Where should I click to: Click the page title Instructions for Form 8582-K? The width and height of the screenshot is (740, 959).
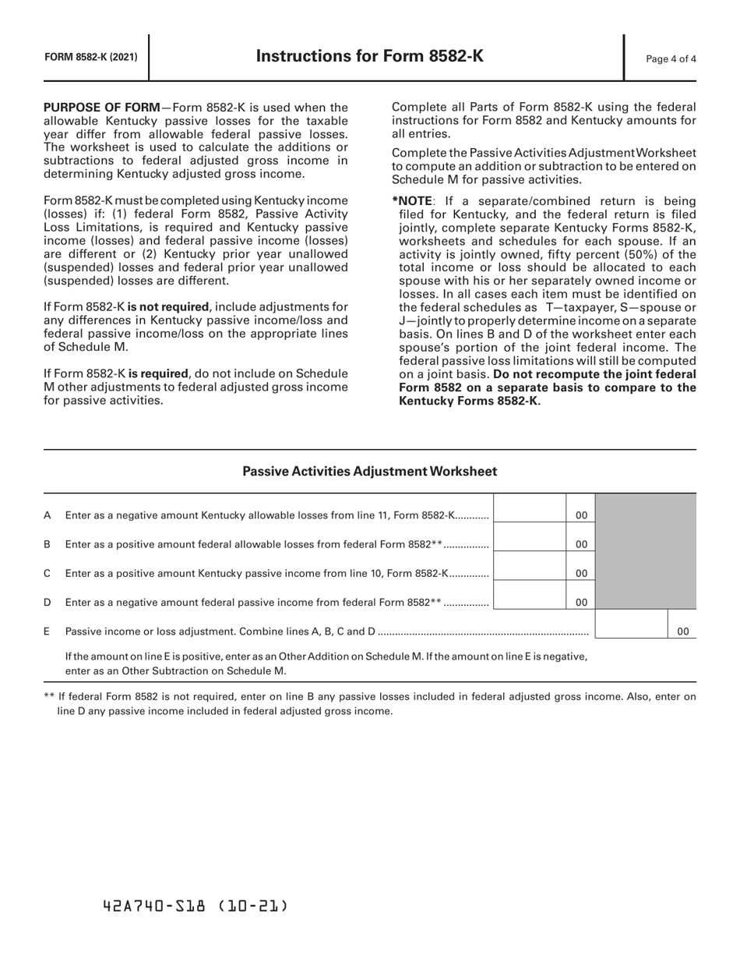point(370,56)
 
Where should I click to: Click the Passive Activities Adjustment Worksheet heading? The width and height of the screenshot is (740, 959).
point(370,471)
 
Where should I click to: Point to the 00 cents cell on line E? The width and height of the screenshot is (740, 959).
point(682,632)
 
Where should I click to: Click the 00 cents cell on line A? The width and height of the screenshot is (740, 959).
point(581,515)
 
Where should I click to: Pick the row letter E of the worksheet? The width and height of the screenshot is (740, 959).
point(48,631)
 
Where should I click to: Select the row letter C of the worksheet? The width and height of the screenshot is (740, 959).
point(48,573)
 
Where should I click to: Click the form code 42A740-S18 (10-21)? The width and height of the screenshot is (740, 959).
point(196,906)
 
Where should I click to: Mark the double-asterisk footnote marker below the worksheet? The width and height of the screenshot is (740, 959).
point(49,697)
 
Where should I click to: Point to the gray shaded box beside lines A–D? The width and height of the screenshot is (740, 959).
point(646,551)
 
